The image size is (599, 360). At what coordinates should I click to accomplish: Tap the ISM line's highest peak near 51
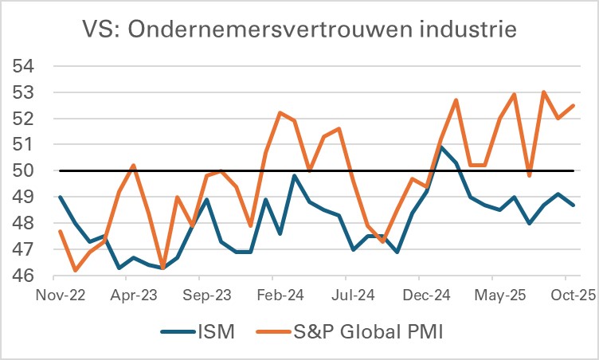click(x=441, y=147)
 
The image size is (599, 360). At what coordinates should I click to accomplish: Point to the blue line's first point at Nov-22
click(x=61, y=197)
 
